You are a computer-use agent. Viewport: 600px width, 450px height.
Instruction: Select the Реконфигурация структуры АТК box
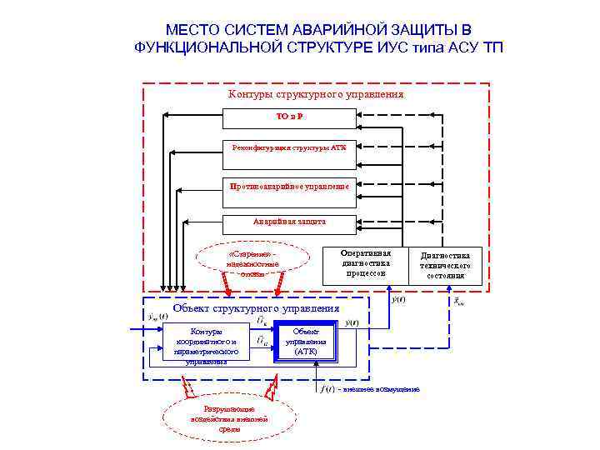[289, 147]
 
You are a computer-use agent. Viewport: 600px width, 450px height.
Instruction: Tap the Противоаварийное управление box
[289, 186]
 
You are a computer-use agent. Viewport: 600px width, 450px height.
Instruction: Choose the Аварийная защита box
[289, 222]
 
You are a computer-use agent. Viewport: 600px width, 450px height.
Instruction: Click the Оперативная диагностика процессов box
[365, 262]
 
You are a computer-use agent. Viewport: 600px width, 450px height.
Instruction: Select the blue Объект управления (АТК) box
[306, 341]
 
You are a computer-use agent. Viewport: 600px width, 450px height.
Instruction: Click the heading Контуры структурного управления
[316, 94]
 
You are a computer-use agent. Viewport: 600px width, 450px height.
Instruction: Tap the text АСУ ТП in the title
[475, 47]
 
